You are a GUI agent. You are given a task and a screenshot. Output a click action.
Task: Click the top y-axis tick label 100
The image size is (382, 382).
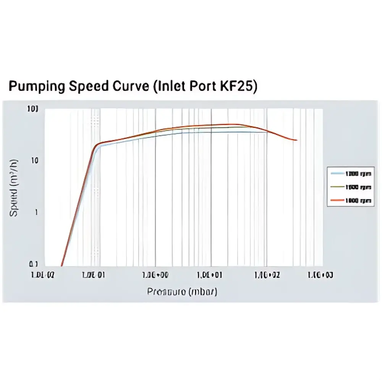(34, 109)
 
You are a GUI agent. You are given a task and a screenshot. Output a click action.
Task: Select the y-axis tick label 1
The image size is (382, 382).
(37, 212)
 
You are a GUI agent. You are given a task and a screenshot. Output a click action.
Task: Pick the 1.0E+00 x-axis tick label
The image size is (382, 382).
(155, 275)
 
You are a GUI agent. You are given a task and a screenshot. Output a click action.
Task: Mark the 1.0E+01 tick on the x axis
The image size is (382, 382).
(210, 275)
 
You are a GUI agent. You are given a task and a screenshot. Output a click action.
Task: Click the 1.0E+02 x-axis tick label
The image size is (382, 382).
(266, 275)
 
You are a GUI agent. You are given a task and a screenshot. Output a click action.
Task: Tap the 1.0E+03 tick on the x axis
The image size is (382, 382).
(320, 275)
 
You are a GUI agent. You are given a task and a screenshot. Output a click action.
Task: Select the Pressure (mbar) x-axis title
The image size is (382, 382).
(182, 292)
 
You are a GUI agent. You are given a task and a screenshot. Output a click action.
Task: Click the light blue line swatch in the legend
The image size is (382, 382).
(337, 173)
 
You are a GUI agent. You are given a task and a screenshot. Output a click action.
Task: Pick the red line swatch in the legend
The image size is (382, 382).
(337, 200)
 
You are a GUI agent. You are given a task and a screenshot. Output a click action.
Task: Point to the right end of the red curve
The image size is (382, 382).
(297, 140)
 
